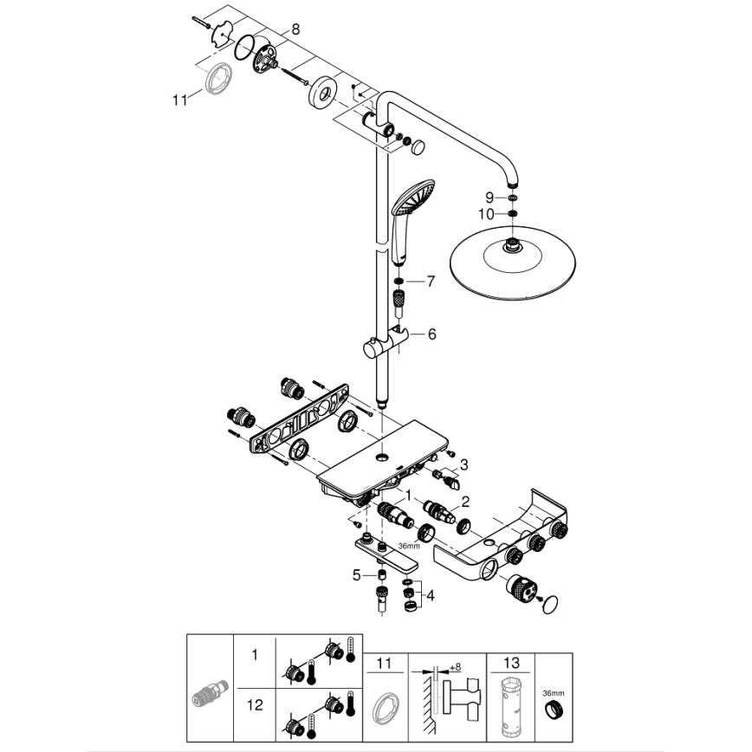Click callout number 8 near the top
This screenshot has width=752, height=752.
[x=295, y=29]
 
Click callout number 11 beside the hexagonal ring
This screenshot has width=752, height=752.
[x=179, y=100]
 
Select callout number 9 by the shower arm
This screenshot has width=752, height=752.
[x=489, y=198]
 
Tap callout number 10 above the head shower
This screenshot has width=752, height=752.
[x=487, y=214]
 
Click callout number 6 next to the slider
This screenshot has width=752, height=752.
[x=432, y=333]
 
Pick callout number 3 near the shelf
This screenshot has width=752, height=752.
[x=464, y=464]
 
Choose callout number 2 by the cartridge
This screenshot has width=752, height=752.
[x=464, y=501]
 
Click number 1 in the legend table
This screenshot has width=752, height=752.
[x=255, y=658]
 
